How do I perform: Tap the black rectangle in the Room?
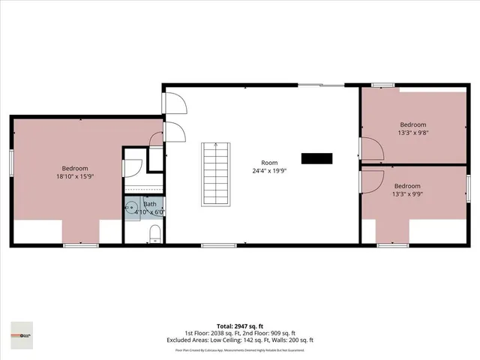coord(316,158)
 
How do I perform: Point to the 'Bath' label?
coord(150,204)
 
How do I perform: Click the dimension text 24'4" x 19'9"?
coord(268,172)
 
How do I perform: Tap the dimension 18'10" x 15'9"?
coord(75,177)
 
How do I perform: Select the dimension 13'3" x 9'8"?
coord(412,133)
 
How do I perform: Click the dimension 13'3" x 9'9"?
coord(407,194)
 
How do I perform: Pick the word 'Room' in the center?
coord(268,163)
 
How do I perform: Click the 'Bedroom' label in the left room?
coord(75,168)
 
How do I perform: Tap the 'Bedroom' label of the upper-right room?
coord(412,124)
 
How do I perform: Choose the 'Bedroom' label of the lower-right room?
coord(407,186)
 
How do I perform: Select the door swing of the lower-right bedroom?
coord(372,181)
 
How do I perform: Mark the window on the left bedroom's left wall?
coord(11,163)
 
